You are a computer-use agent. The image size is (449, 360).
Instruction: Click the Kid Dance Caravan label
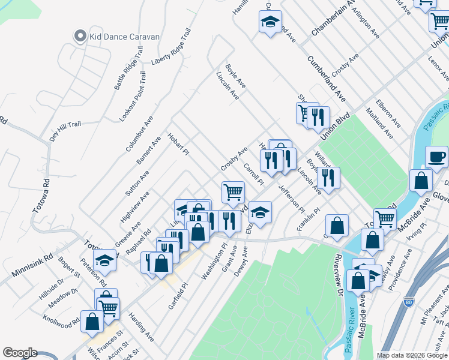point(124,37)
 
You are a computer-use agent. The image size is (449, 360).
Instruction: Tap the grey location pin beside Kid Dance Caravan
point(80,36)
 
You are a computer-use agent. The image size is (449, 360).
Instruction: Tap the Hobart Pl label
point(178,143)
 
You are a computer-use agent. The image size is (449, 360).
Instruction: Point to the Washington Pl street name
point(214,262)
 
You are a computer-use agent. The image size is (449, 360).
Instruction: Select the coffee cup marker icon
point(436,157)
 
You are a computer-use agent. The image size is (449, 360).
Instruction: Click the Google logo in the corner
point(20,353)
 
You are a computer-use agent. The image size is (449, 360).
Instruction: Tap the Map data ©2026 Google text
point(412,355)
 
